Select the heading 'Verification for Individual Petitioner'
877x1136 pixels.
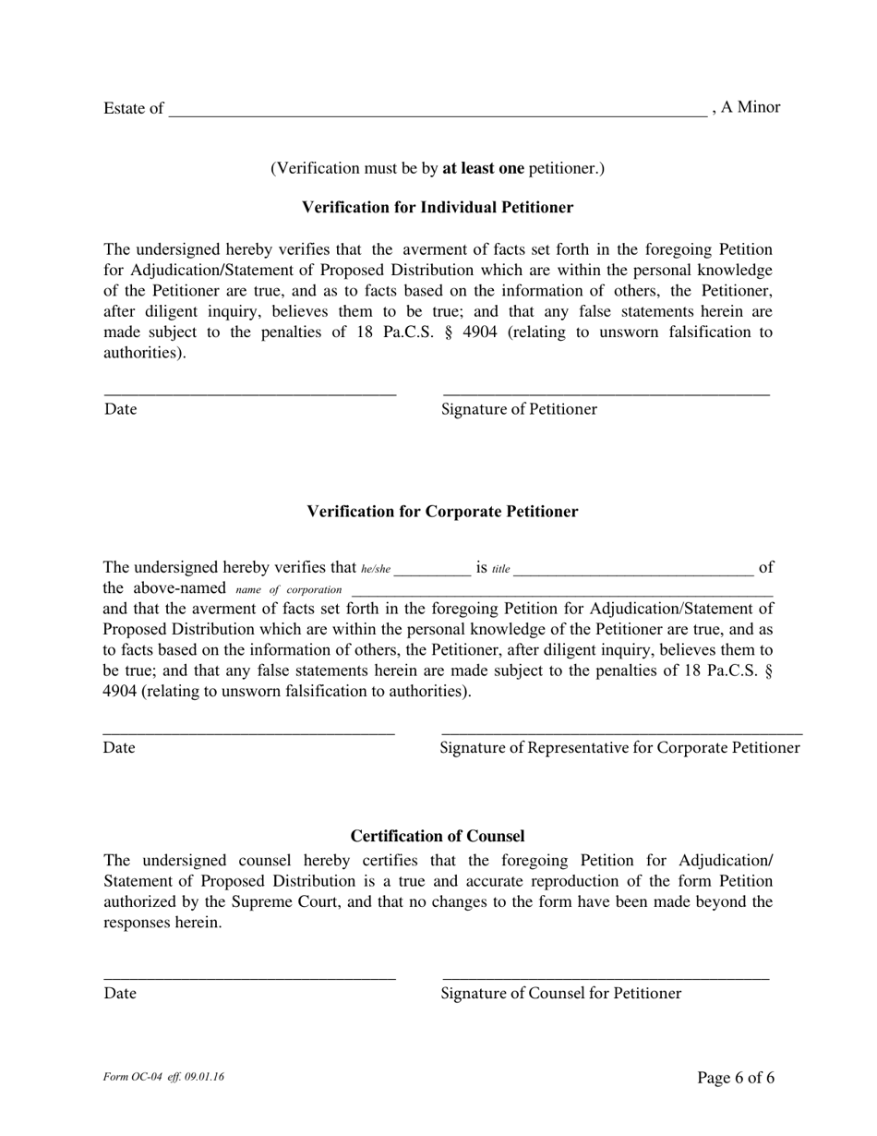[x=438, y=207]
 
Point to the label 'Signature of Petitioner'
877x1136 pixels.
[x=519, y=409]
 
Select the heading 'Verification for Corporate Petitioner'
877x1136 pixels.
[x=442, y=512]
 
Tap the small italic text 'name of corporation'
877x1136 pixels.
[x=288, y=590]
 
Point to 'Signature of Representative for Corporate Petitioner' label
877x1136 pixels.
[x=619, y=748]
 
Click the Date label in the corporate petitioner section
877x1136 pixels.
[x=119, y=748]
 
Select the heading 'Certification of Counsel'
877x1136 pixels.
[x=438, y=836]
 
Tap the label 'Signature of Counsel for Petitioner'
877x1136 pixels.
[x=561, y=994]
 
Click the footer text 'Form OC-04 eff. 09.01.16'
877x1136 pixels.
[x=164, y=1077]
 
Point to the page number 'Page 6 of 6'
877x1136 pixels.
[x=736, y=1078]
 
